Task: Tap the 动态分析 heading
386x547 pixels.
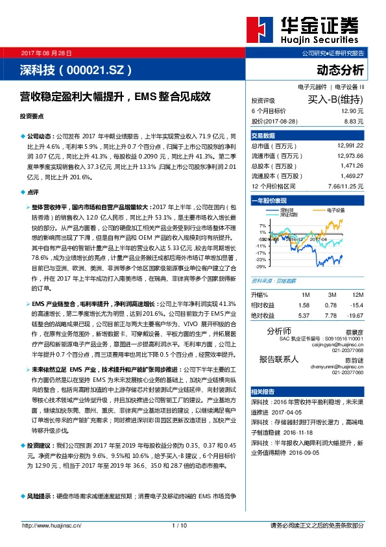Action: point(340,70)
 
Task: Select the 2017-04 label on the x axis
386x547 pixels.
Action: point(315,239)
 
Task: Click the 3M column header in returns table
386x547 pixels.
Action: point(332,295)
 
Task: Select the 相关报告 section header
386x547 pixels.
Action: point(263,392)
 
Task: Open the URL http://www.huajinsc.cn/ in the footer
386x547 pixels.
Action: point(52,525)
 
